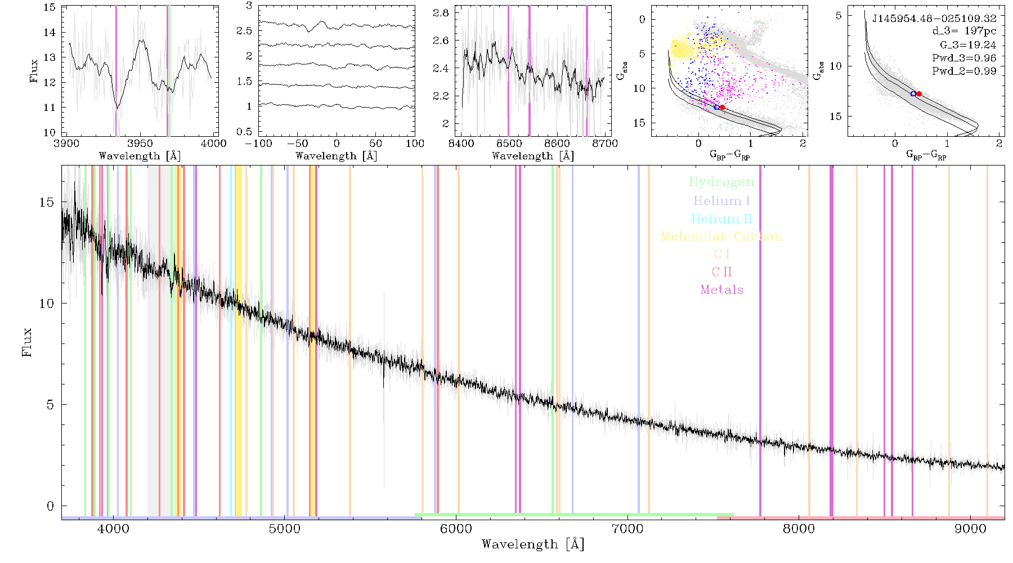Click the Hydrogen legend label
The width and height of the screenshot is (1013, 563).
721,182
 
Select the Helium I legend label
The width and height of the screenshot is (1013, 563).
721,200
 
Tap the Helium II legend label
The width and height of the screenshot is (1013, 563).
721,218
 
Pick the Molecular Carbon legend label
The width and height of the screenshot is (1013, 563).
721,236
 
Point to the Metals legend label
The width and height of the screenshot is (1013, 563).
721,289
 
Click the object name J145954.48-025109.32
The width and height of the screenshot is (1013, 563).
934,18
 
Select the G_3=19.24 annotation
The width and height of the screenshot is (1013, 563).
967,44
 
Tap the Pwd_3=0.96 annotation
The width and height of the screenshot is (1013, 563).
963,57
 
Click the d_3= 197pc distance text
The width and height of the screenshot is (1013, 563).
964,32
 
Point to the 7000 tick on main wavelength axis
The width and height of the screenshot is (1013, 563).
627,529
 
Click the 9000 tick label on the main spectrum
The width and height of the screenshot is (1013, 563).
970,529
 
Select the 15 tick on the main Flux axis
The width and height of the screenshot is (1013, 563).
47,202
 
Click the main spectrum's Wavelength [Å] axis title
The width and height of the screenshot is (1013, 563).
532,544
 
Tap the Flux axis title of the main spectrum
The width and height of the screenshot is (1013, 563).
26,342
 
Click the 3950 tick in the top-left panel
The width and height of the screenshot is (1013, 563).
140,143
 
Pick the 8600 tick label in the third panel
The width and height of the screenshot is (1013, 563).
557,143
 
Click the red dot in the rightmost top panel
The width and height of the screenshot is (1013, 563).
919,94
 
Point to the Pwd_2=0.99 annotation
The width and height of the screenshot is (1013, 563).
963,71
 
